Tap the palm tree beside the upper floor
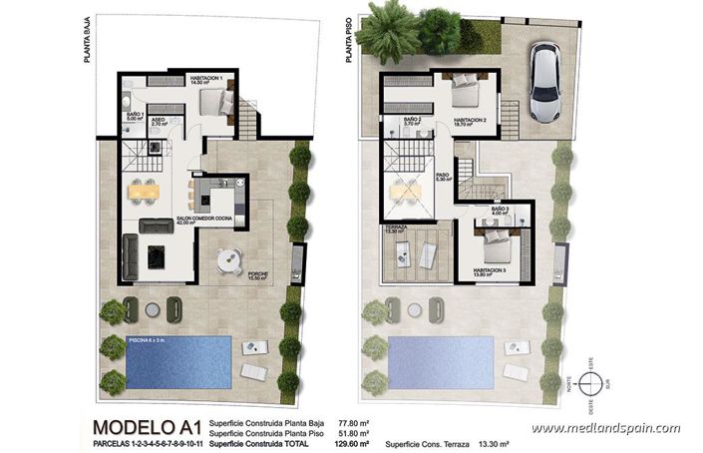tap(389, 32)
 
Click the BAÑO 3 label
tap(501, 209)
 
